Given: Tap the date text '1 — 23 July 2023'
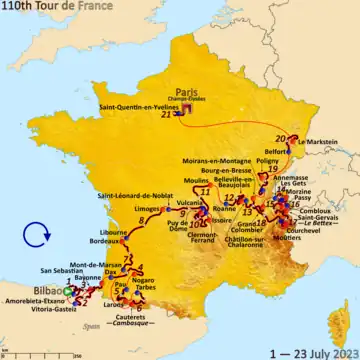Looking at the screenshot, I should tap(312, 351).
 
